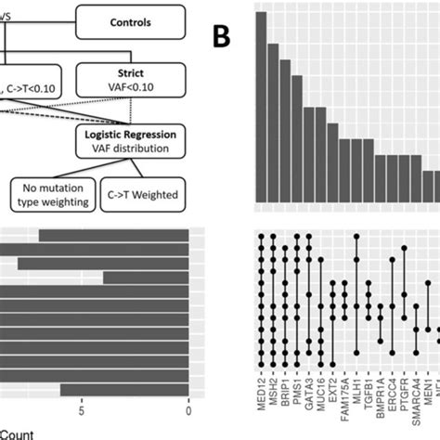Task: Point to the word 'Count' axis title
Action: pyautogui.click(x=14, y=432)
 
